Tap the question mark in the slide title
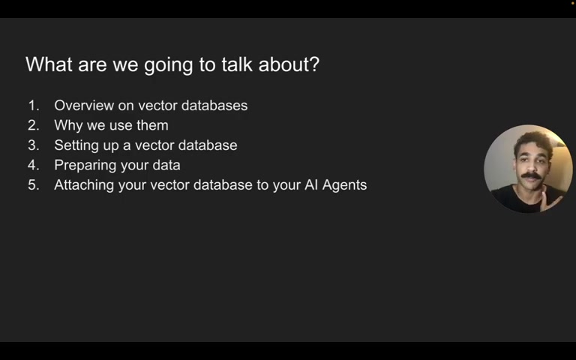tap(314, 64)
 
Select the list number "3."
tap(34, 145)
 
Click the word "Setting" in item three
tap(77, 145)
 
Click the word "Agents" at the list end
tap(345, 185)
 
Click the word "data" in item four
tap(166, 166)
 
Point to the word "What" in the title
tap(47, 64)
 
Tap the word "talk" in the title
tap(236, 64)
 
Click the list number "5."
tap(34, 185)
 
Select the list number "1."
tap(34, 106)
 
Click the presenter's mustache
tap(530, 176)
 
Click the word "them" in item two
tap(152, 126)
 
